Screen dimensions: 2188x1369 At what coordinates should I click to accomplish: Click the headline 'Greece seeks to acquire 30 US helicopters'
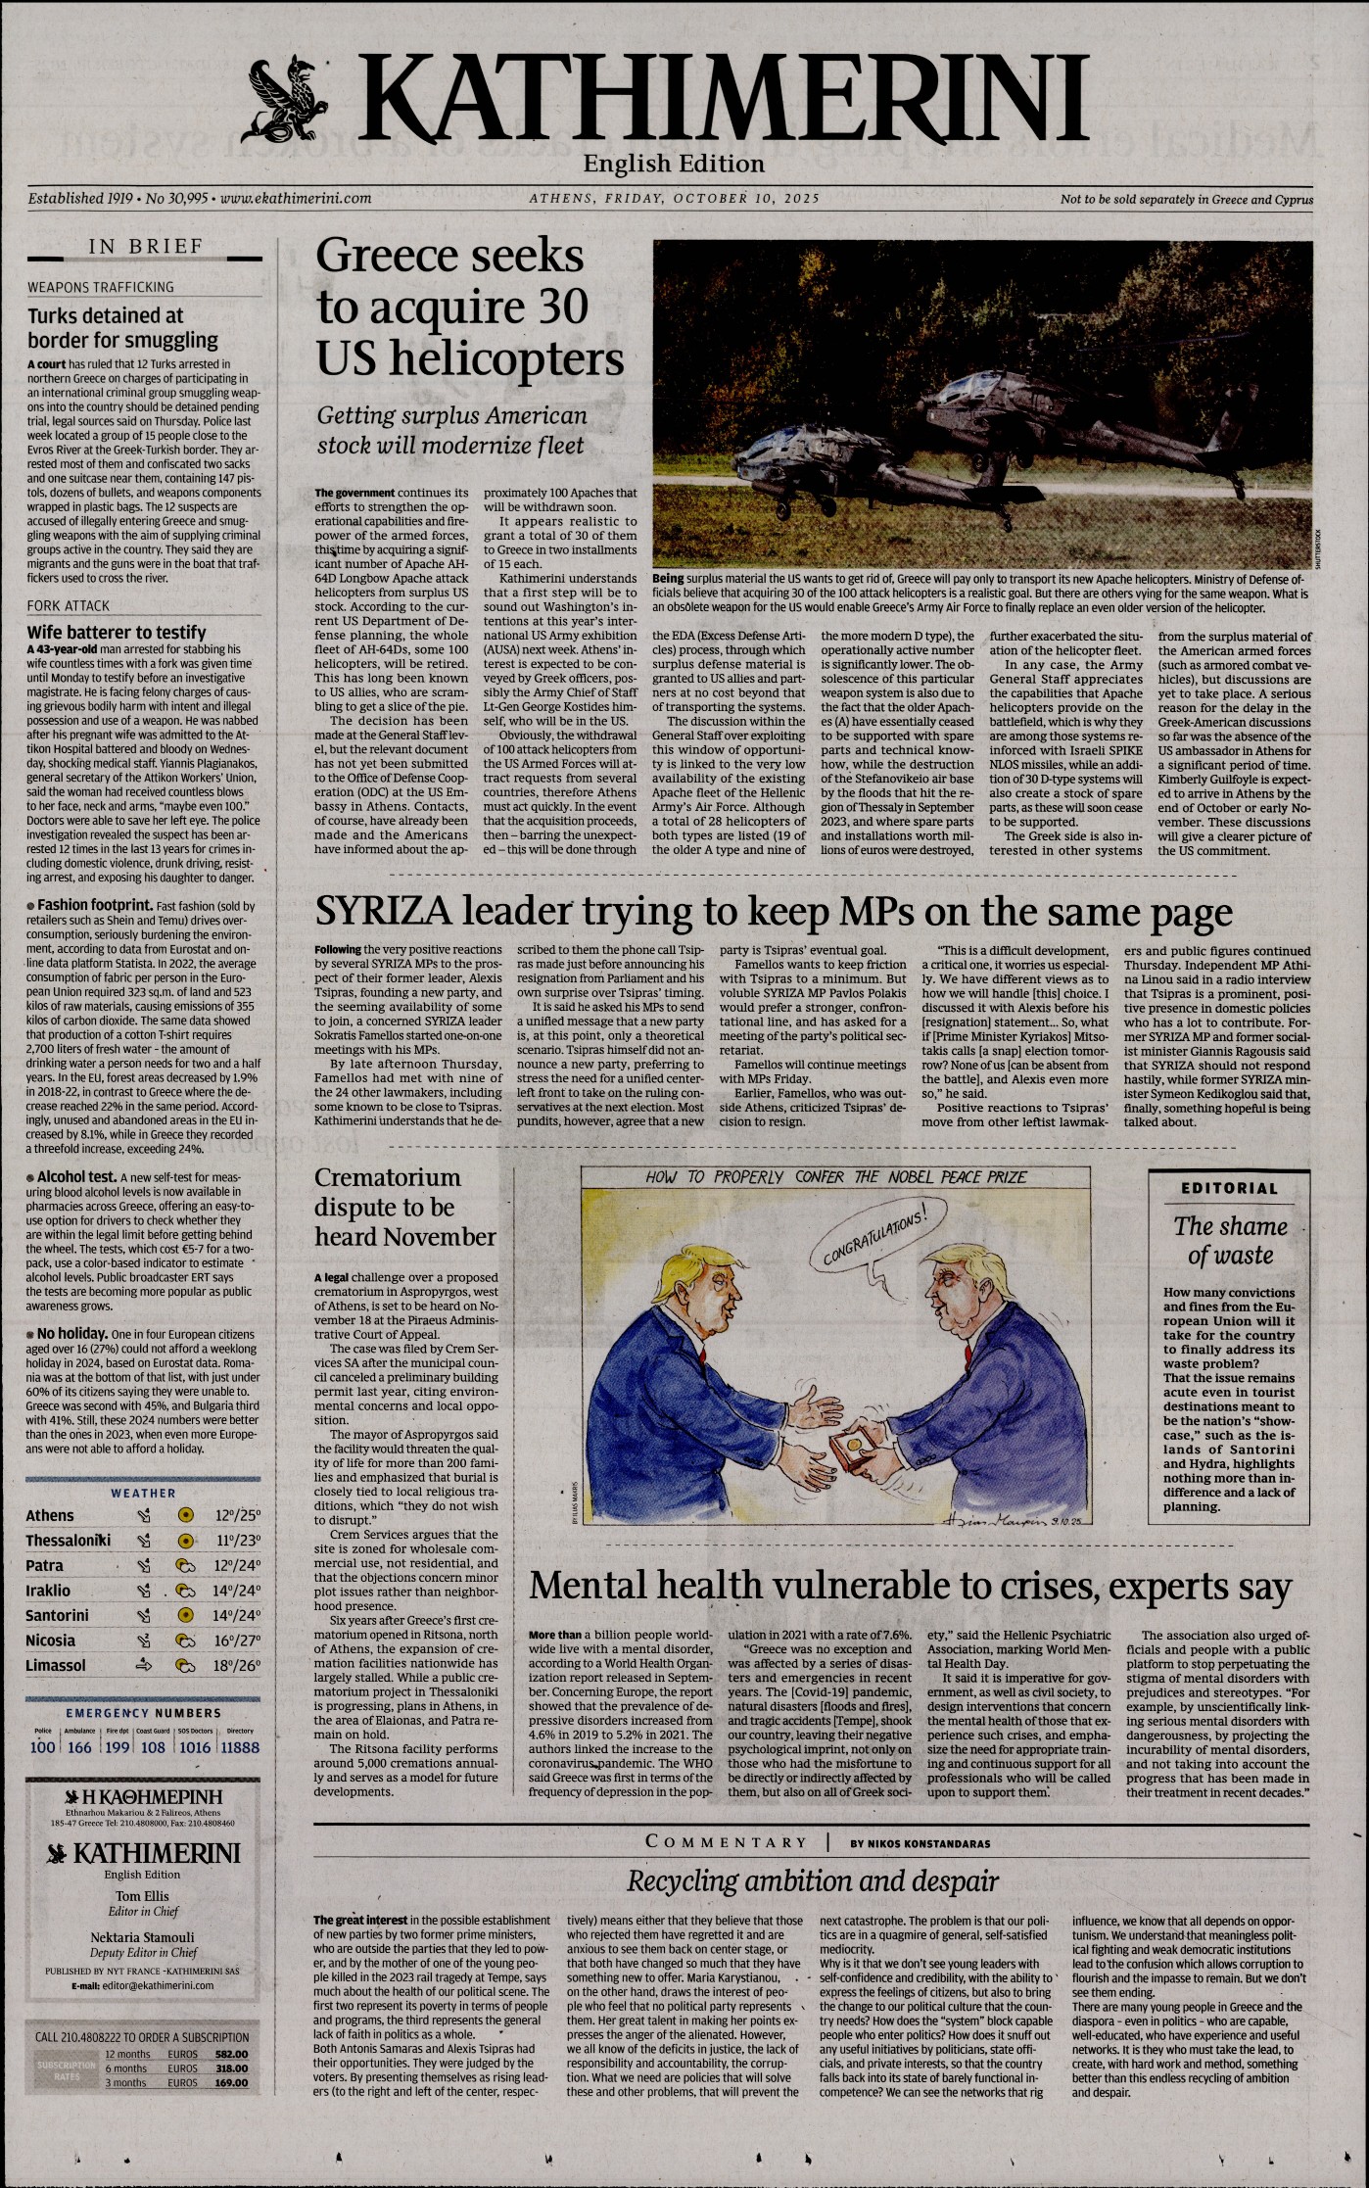pyautogui.click(x=469, y=308)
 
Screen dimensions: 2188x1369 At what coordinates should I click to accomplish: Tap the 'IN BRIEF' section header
pyautogui.click(x=145, y=247)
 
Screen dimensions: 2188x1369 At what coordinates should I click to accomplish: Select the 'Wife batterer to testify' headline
pyautogui.click(x=117, y=632)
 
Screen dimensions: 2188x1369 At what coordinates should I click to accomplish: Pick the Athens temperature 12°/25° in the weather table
pyautogui.click(x=237, y=1515)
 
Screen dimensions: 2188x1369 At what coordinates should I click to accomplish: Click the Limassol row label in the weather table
pyautogui.click(x=56, y=1665)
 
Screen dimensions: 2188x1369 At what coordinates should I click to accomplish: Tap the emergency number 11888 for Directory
pyautogui.click(x=240, y=1746)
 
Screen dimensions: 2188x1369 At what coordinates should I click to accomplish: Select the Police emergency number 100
pyautogui.click(x=43, y=1746)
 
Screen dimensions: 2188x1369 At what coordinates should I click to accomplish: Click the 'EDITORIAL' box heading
pyautogui.click(x=1229, y=1188)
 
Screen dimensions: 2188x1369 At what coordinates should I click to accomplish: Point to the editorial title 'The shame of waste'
pyautogui.click(x=1230, y=1240)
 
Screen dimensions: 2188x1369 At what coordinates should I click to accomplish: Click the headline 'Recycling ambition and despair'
pyautogui.click(x=812, y=1880)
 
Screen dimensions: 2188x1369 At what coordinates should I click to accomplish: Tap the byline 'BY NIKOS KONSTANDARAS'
pyautogui.click(x=920, y=1843)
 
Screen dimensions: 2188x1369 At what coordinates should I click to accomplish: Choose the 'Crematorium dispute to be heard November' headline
pyautogui.click(x=404, y=1207)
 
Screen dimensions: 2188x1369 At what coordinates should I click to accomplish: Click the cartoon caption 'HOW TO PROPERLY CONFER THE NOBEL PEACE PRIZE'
pyautogui.click(x=835, y=1176)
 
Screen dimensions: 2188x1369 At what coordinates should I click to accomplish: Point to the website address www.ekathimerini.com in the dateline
pyautogui.click(x=296, y=198)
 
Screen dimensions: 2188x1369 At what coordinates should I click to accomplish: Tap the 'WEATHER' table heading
pyautogui.click(x=143, y=1493)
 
